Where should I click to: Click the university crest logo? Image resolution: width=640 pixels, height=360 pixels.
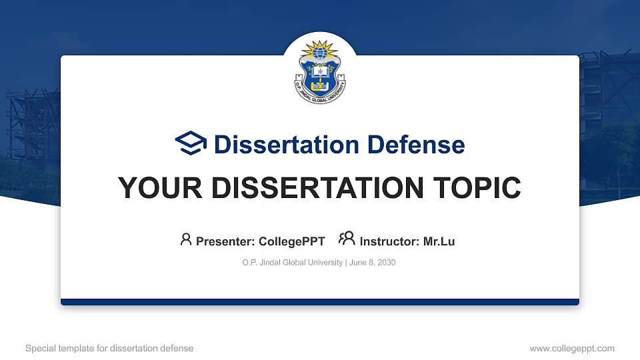[x=320, y=73]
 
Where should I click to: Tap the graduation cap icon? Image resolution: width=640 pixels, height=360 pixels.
[x=191, y=144]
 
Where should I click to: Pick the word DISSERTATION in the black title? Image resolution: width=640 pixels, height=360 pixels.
[x=311, y=188]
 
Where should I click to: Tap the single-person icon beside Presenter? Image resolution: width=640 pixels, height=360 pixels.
[x=186, y=239]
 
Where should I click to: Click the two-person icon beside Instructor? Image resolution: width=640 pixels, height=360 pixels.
[x=347, y=239]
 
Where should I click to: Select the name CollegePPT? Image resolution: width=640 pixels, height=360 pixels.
[x=292, y=241]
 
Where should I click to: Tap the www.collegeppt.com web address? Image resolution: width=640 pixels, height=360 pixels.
[x=572, y=348]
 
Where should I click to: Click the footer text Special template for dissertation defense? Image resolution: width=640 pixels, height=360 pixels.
[x=109, y=348]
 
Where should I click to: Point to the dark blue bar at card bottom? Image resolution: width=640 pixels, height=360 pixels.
[x=320, y=302]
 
